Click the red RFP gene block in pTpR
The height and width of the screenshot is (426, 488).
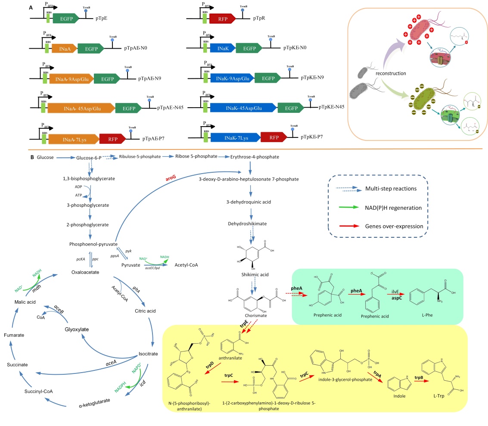click(x=222, y=18)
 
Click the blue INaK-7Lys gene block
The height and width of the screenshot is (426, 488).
click(x=235, y=137)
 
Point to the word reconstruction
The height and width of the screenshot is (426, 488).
click(x=390, y=73)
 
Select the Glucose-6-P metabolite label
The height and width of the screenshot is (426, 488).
click(x=89, y=158)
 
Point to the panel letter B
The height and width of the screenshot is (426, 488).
click(x=32, y=157)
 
